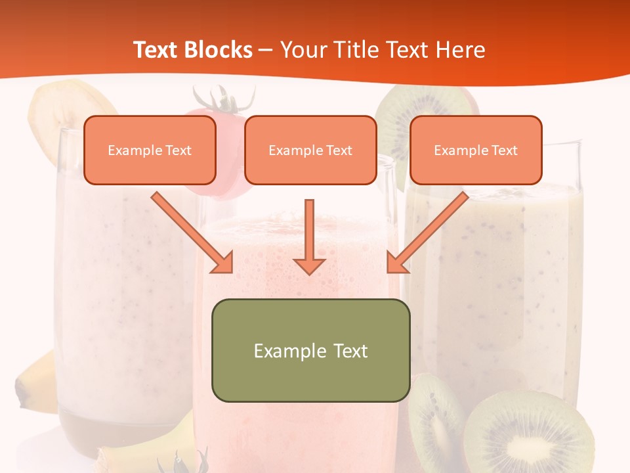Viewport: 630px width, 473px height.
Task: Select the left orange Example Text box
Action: click(150, 150)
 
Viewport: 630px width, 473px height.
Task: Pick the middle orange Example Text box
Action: click(310, 150)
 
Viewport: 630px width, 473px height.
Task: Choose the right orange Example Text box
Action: click(476, 150)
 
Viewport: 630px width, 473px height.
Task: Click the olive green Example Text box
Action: click(310, 350)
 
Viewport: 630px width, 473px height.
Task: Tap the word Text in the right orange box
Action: click(504, 150)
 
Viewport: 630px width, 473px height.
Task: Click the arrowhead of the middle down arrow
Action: click(309, 265)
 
